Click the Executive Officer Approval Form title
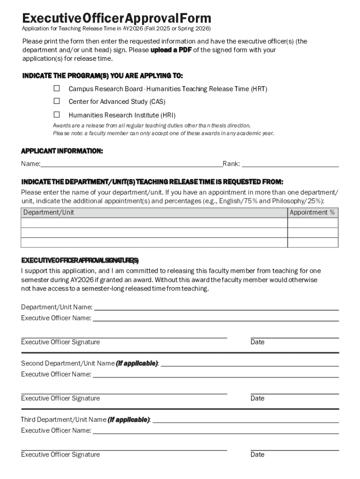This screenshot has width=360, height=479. (117, 18)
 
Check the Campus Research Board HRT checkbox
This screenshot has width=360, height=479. (57, 88)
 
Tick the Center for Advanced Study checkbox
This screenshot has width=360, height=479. (57, 101)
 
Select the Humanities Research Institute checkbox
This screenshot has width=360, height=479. (57, 115)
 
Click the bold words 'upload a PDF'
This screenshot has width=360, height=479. (172, 50)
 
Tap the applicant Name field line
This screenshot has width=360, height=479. (131, 164)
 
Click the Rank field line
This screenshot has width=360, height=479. (290, 164)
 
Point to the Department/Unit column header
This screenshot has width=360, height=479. (49, 212)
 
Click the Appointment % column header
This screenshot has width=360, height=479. (312, 212)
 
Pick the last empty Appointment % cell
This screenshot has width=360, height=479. (312, 242)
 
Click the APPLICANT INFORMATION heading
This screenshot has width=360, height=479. (62, 151)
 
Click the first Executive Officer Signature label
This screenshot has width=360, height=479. (60, 342)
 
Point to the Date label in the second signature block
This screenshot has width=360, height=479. (257, 399)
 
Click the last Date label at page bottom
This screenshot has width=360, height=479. (257, 455)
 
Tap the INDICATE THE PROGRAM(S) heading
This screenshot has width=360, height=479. (103, 76)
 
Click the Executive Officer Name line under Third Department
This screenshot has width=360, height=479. (215, 431)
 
